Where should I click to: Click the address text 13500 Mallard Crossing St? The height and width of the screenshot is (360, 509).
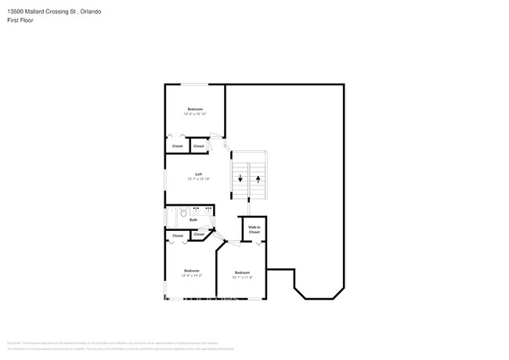pos(31,12)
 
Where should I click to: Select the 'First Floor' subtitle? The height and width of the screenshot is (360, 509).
pos(20,20)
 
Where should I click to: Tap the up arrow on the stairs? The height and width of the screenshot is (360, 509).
pos(258,179)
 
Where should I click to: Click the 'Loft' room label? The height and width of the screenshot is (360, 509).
pos(198,174)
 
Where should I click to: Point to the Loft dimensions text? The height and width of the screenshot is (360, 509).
pos(198,179)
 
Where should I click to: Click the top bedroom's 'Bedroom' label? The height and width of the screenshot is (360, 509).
pos(195,109)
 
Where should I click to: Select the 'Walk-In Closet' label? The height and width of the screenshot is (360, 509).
pos(254,230)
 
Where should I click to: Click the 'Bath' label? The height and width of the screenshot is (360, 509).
pos(193,220)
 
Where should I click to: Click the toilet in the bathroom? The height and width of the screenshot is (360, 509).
pos(183,211)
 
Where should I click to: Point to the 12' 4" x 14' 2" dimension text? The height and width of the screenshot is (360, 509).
pos(192,275)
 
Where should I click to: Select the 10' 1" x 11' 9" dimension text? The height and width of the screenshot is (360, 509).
pos(243,276)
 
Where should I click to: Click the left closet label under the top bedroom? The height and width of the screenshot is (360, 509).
pos(178,146)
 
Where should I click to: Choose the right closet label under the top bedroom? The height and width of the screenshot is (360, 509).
pos(199,146)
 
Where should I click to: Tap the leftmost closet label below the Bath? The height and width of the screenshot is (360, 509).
pos(178,235)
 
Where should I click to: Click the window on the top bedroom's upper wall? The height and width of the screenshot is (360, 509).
pos(195,84)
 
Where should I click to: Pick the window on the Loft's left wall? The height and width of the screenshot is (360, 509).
pos(164,179)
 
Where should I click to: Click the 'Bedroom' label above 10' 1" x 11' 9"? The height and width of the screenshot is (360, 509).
pos(243,272)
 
